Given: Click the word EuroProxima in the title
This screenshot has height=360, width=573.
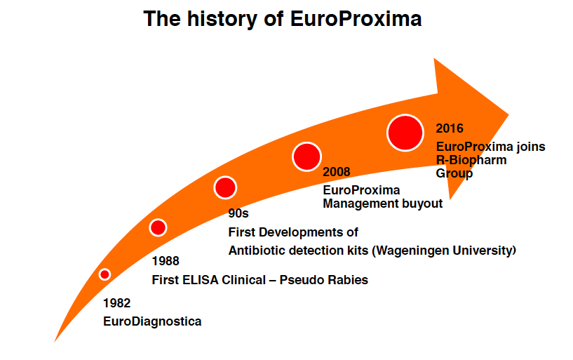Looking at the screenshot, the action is [356, 19].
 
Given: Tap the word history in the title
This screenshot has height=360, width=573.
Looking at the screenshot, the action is [222, 19].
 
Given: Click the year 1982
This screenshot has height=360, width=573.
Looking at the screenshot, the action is [116, 303].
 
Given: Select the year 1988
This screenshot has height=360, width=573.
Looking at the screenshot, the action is [166, 261].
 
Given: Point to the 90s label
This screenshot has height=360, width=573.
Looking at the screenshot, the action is [238, 213].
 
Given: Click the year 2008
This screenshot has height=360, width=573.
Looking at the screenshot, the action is [336, 172].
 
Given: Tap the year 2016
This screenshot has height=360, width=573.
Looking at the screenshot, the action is [450, 128].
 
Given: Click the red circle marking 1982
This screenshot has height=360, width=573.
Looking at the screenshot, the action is [105, 274].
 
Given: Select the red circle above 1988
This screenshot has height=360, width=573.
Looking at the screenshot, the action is [158, 227].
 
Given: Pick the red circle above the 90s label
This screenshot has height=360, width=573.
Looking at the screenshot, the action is [225, 187].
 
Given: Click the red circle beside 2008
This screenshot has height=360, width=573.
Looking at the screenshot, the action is [306, 156].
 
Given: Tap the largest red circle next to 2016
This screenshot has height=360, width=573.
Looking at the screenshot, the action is [405, 133].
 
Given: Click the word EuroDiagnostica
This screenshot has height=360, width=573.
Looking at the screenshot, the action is [152, 321].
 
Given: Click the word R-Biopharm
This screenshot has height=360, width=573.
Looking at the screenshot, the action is [471, 160].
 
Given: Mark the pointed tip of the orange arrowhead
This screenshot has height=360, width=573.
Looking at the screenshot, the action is [508, 115].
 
